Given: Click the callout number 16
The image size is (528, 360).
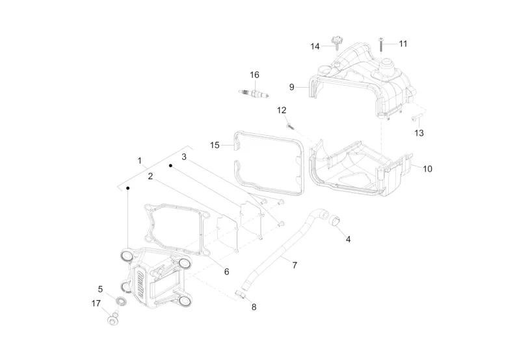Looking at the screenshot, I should click(x=254, y=74).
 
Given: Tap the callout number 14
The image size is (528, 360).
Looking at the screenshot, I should click(x=315, y=46).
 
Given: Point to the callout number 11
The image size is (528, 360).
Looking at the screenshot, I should click(x=403, y=44).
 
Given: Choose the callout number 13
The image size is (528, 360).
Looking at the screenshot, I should click(x=419, y=133).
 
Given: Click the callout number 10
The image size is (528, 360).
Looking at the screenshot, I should click(x=427, y=168).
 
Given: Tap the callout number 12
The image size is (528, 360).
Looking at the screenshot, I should click(x=282, y=110).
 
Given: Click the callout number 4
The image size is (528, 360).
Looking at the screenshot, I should click(x=348, y=239).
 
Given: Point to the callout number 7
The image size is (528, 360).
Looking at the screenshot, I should click(x=295, y=265).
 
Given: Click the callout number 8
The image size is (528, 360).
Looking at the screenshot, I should click(x=254, y=307).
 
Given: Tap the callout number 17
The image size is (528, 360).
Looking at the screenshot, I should click(x=96, y=303).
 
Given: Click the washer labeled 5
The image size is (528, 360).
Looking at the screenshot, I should click(x=120, y=301).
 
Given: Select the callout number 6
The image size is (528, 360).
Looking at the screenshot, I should click(x=226, y=271).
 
